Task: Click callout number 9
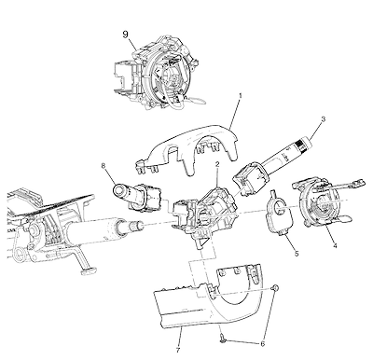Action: pos(125,35)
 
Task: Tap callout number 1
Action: pos(240,95)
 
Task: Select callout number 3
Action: pos(324,118)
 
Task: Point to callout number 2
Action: pos(217,164)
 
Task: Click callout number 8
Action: pos(104,166)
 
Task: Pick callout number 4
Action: pos(335,245)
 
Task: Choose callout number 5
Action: pos(297,254)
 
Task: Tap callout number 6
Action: pos(263,344)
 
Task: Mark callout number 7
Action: pos(178,350)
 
